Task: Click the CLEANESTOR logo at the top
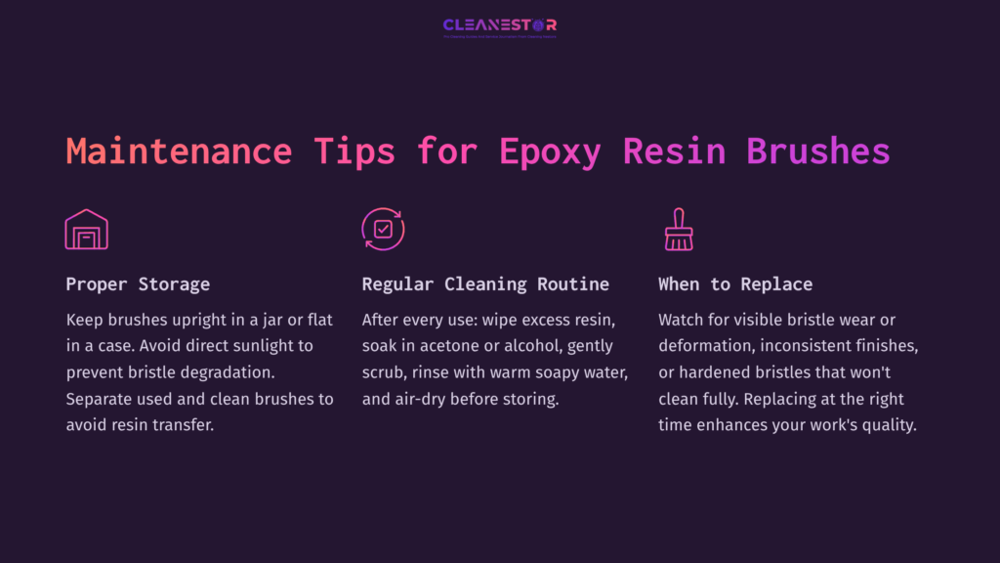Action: click(x=499, y=26)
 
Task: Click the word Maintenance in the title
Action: click(x=179, y=152)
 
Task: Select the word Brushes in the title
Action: click(x=818, y=152)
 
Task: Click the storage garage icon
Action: click(x=86, y=230)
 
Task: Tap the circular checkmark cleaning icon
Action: click(x=383, y=230)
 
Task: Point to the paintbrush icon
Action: click(x=678, y=230)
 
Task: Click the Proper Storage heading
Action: click(x=138, y=284)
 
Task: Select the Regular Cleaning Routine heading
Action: click(x=485, y=284)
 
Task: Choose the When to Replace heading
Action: click(x=735, y=284)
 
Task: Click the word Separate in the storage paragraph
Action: click(x=101, y=399)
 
